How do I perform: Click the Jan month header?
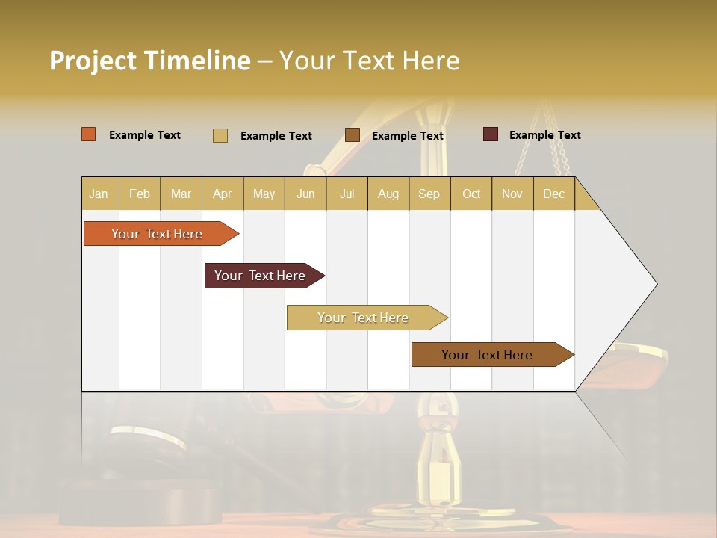99,194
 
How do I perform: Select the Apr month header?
222,194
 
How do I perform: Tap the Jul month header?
347,194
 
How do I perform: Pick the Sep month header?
429,194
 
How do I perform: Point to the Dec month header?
553,194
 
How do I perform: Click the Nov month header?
512,194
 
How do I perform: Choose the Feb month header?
140,194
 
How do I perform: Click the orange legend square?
89,134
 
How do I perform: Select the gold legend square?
220,135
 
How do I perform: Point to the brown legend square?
353,135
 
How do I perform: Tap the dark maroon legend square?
491,134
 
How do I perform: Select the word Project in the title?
93,61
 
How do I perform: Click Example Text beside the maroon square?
544,135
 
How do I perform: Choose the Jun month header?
305,194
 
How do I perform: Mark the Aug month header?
388,194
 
